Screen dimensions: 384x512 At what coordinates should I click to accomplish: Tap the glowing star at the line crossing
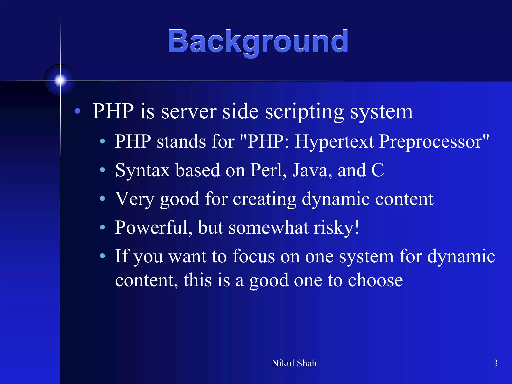(x=60, y=81)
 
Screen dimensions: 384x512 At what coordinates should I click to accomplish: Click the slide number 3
(x=495, y=363)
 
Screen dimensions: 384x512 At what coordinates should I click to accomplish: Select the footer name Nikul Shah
(x=294, y=363)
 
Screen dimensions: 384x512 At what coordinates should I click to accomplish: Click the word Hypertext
(x=334, y=142)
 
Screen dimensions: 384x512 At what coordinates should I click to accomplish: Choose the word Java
(x=312, y=170)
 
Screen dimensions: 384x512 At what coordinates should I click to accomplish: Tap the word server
(x=189, y=112)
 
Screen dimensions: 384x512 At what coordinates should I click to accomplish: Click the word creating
(x=264, y=199)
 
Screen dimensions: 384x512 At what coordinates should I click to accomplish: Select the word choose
(x=375, y=280)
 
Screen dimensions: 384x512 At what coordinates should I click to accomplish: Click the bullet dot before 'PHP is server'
(x=77, y=111)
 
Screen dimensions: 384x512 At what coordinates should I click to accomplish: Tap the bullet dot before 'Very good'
(x=102, y=199)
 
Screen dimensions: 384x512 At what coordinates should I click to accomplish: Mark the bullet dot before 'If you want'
(x=102, y=256)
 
